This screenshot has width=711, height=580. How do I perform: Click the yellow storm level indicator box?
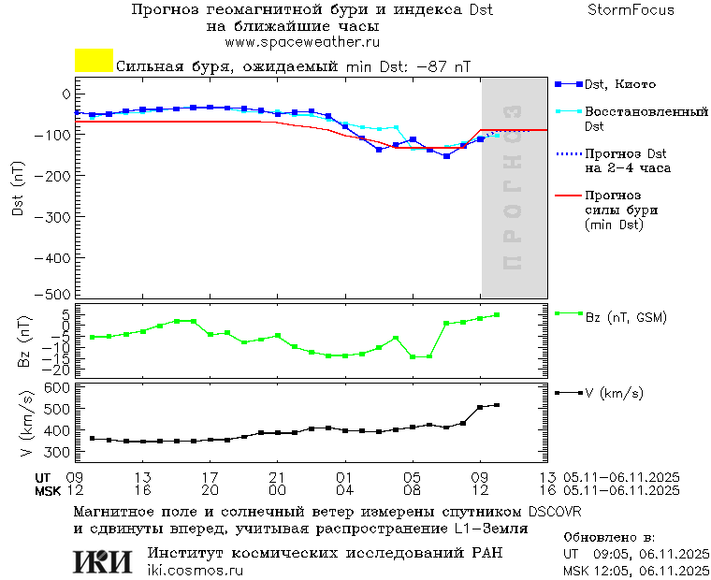[x=94, y=61]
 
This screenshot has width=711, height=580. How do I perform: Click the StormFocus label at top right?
[x=631, y=10]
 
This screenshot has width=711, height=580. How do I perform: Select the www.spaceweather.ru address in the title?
[x=302, y=42]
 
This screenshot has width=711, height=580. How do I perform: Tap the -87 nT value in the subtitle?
[x=443, y=67]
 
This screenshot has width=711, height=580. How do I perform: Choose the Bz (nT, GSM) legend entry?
[x=626, y=317]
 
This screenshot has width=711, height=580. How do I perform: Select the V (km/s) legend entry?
[x=614, y=394]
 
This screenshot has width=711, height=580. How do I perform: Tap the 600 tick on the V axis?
[x=59, y=387]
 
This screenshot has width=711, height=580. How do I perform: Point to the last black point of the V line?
[x=497, y=405]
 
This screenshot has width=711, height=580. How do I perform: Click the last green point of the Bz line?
[x=497, y=315]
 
